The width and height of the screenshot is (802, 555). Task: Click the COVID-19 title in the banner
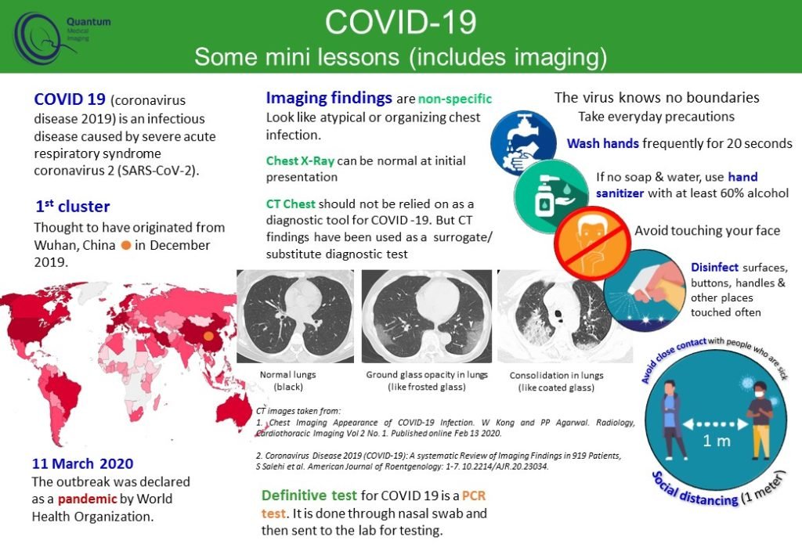tap(400, 23)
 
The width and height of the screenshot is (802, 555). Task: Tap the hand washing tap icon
tap(522, 142)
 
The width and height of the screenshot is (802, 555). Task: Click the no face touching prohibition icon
tap(592, 243)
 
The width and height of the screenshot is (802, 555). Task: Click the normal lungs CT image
tap(295, 316)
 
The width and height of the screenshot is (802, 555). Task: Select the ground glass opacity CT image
tap(427, 316)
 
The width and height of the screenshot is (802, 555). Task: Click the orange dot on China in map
tap(208, 337)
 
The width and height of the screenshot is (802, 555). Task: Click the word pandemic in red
tap(88, 499)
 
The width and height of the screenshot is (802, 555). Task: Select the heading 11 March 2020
tap(82, 463)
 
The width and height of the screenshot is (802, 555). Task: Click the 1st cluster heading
tap(73, 207)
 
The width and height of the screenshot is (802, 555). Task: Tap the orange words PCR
tap(474, 496)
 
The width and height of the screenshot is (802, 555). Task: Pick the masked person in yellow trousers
tap(760, 419)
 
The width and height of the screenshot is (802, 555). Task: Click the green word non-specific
tap(455, 99)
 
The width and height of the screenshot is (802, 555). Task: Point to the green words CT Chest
tap(291, 204)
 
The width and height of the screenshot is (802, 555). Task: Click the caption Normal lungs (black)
tap(288, 380)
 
